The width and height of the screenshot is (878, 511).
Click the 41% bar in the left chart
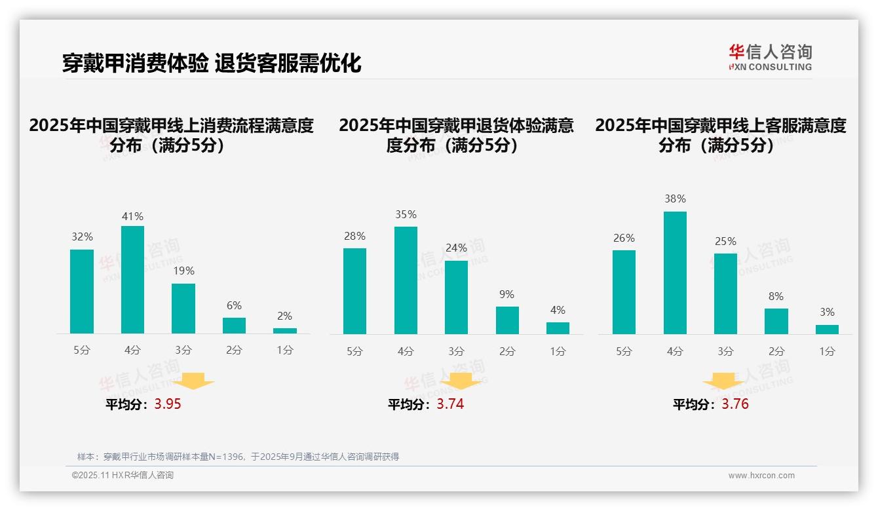point(132,280)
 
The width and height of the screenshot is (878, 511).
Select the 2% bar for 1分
point(285,331)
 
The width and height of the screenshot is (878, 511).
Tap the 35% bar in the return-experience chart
point(406,280)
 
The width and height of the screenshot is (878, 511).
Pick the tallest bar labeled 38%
point(675,273)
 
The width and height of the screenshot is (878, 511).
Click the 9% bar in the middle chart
point(507,320)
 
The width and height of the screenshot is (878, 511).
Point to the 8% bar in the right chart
point(776,321)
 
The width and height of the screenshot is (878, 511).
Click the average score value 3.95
point(168,404)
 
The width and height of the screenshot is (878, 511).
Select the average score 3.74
point(450,404)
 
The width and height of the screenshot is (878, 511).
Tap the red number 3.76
point(735,404)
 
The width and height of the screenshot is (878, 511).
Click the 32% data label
point(82,237)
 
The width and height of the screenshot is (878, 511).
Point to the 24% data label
point(456,248)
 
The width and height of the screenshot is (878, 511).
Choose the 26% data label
point(624,238)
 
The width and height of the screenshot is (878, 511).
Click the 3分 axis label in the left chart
point(183,350)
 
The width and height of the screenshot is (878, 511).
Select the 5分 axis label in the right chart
point(624,351)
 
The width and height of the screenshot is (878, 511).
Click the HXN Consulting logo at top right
point(770,57)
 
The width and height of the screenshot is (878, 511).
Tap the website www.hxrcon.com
point(761,476)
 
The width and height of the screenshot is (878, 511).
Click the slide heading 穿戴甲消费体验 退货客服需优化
point(212,63)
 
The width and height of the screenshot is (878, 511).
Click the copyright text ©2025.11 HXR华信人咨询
point(123,476)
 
